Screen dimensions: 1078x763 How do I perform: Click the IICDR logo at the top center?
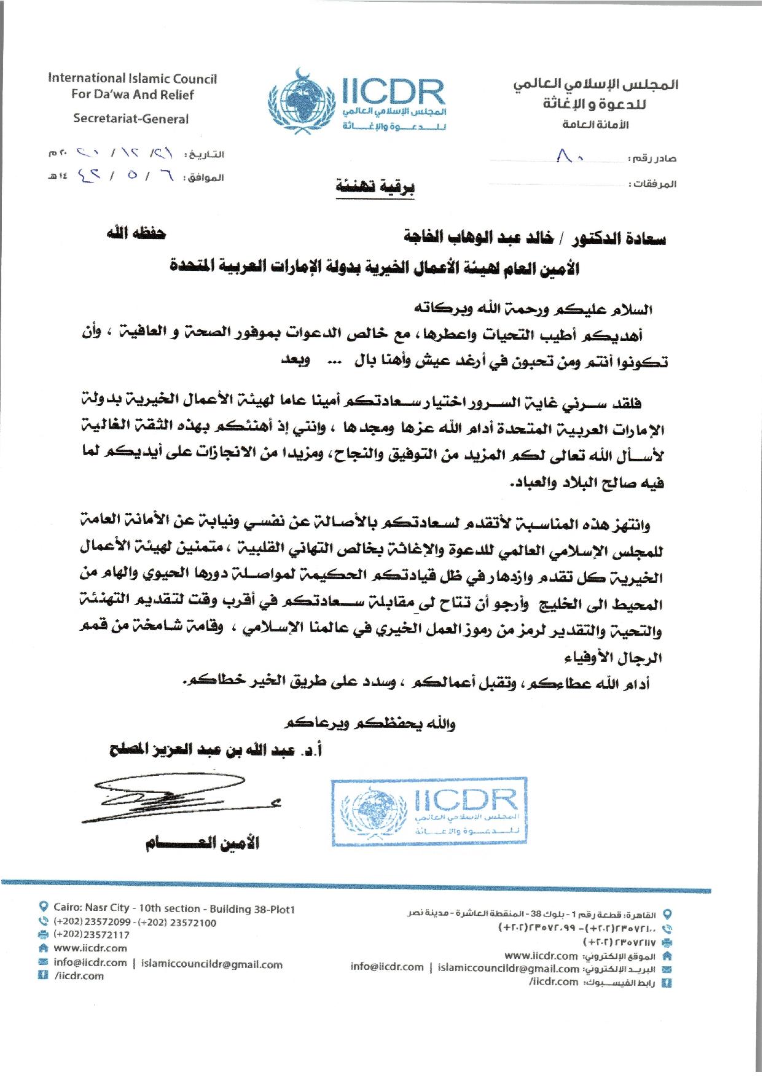[356, 101]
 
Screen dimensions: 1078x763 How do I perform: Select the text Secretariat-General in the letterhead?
[131, 119]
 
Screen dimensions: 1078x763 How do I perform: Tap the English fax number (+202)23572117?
[92, 934]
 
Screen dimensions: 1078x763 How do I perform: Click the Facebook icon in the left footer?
[43, 975]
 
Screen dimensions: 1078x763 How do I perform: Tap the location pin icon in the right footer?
[668, 914]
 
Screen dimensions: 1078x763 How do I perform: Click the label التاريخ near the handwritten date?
[206, 154]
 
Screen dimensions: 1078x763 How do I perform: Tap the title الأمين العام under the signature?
[203, 844]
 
